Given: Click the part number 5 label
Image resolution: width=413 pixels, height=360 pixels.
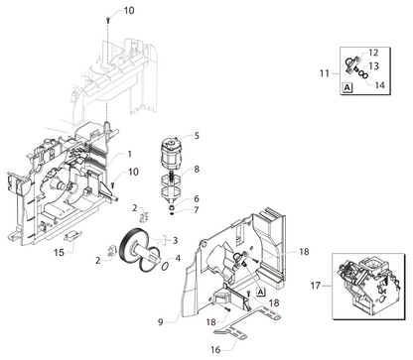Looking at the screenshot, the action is (x=197, y=136).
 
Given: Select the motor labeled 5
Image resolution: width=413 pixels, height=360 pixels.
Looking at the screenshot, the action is (x=172, y=154).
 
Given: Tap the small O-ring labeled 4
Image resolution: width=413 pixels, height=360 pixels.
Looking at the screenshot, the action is (x=166, y=266).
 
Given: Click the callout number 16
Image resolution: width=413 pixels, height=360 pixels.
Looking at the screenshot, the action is (x=215, y=349).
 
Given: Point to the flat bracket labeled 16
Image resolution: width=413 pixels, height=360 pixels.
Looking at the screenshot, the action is (x=247, y=321).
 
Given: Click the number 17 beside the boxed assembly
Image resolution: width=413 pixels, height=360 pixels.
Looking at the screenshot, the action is (x=316, y=285).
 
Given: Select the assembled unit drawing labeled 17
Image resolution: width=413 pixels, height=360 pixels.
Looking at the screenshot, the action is (x=368, y=286).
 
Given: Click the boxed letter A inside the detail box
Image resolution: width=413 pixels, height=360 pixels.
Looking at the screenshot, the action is (x=346, y=87).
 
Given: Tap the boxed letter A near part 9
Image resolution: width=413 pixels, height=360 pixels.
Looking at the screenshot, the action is (x=261, y=292).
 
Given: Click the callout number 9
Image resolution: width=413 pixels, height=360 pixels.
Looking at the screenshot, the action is (x=161, y=321).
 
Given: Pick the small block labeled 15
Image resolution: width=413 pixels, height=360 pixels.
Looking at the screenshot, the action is (x=72, y=236).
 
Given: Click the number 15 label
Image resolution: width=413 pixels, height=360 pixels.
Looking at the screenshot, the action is (x=59, y=252).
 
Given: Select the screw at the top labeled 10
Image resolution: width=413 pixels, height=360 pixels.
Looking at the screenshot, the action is (x=108, y=20).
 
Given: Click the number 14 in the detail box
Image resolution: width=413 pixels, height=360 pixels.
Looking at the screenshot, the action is (x=379, y=85).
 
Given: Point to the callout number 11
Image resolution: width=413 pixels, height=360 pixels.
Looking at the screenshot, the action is (x=325, y=73).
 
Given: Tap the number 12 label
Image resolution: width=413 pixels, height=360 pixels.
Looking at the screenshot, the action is (x=373, y=53).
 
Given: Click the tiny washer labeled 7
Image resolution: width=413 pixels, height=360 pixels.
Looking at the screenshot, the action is (x=173, y=213).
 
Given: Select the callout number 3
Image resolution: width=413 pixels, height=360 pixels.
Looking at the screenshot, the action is (x=175, y=240).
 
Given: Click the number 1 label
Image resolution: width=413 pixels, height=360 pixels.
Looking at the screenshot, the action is (x=130, y=154).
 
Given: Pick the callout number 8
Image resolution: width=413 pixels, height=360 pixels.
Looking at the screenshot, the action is (x=197, y=169).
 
